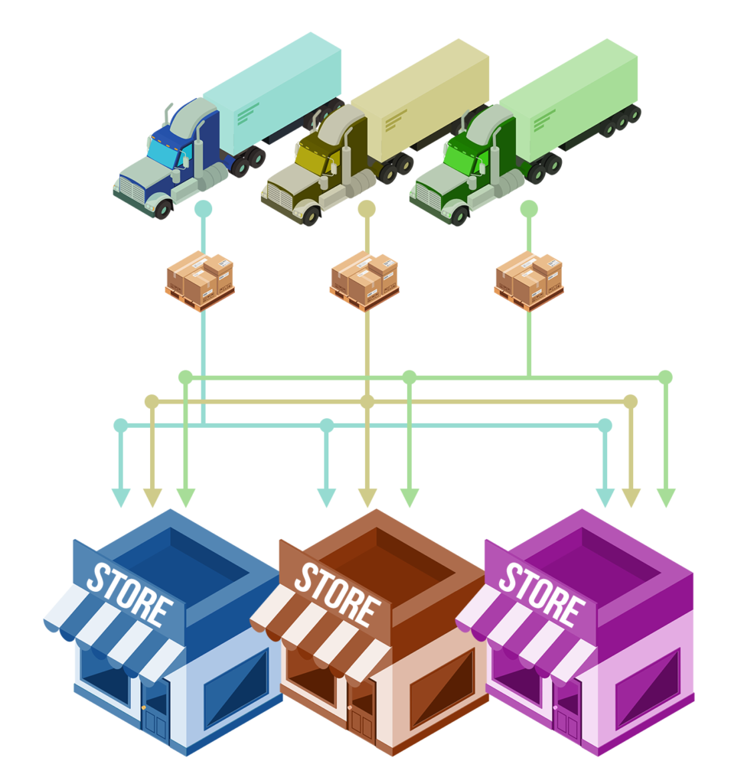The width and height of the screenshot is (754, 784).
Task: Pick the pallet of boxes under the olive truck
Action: point(364,282)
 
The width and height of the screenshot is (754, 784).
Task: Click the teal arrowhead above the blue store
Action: point(121,498)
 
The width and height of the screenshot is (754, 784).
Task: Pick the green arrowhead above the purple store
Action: point(666,498)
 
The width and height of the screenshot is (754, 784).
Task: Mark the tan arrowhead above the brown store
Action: point(367,498)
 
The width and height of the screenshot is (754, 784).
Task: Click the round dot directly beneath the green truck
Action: point(529,208)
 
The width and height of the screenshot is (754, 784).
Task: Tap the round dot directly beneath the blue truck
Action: point(202,208)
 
